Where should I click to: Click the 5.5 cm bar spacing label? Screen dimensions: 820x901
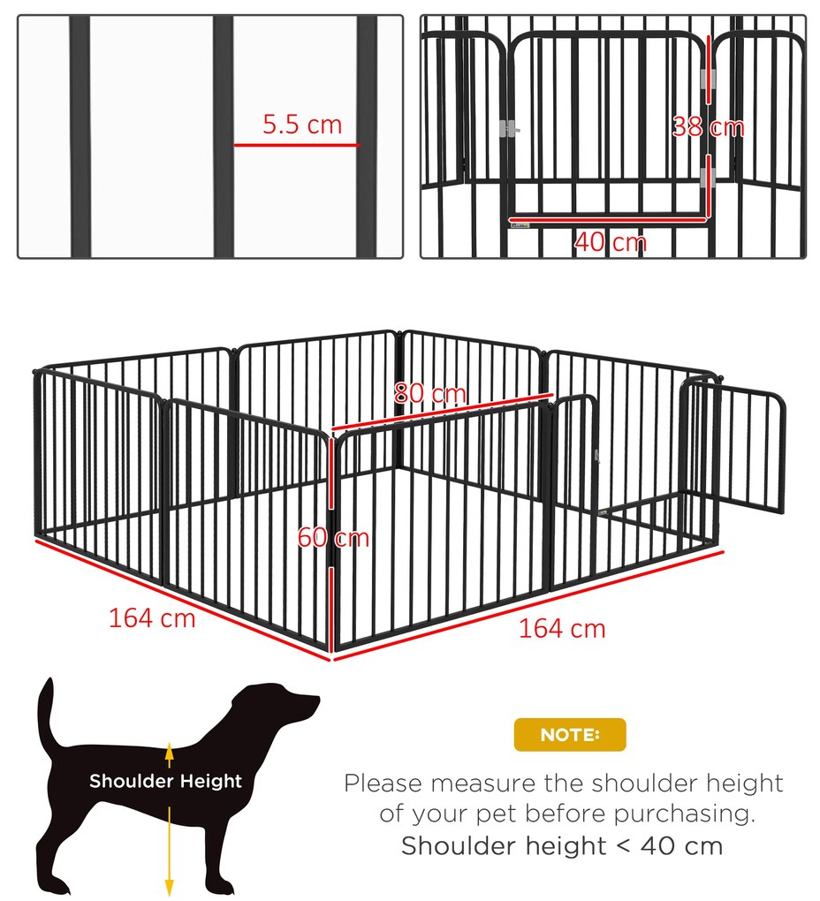pos(302,125)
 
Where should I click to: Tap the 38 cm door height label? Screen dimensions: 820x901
pos(708,127)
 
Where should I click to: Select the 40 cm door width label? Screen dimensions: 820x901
pos(611,242)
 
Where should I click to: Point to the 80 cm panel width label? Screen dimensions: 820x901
pos(429,394)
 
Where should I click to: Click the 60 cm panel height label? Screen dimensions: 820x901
pos(333,538)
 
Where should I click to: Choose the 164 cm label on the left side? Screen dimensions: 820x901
pos(152,618)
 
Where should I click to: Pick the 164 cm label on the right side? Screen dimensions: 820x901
pos(562,629)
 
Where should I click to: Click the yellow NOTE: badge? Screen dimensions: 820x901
pos(570,734)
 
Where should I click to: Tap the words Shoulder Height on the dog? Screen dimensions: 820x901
pos(165,781)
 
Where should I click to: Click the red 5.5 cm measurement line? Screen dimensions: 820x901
pos(297,145)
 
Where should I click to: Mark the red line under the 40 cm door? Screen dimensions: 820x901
pos(607,219)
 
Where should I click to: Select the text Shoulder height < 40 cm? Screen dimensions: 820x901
pos(562,846)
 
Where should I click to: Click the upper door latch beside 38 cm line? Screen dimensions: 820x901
pos(709,79)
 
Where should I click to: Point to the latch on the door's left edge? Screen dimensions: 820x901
pos(509,130)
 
